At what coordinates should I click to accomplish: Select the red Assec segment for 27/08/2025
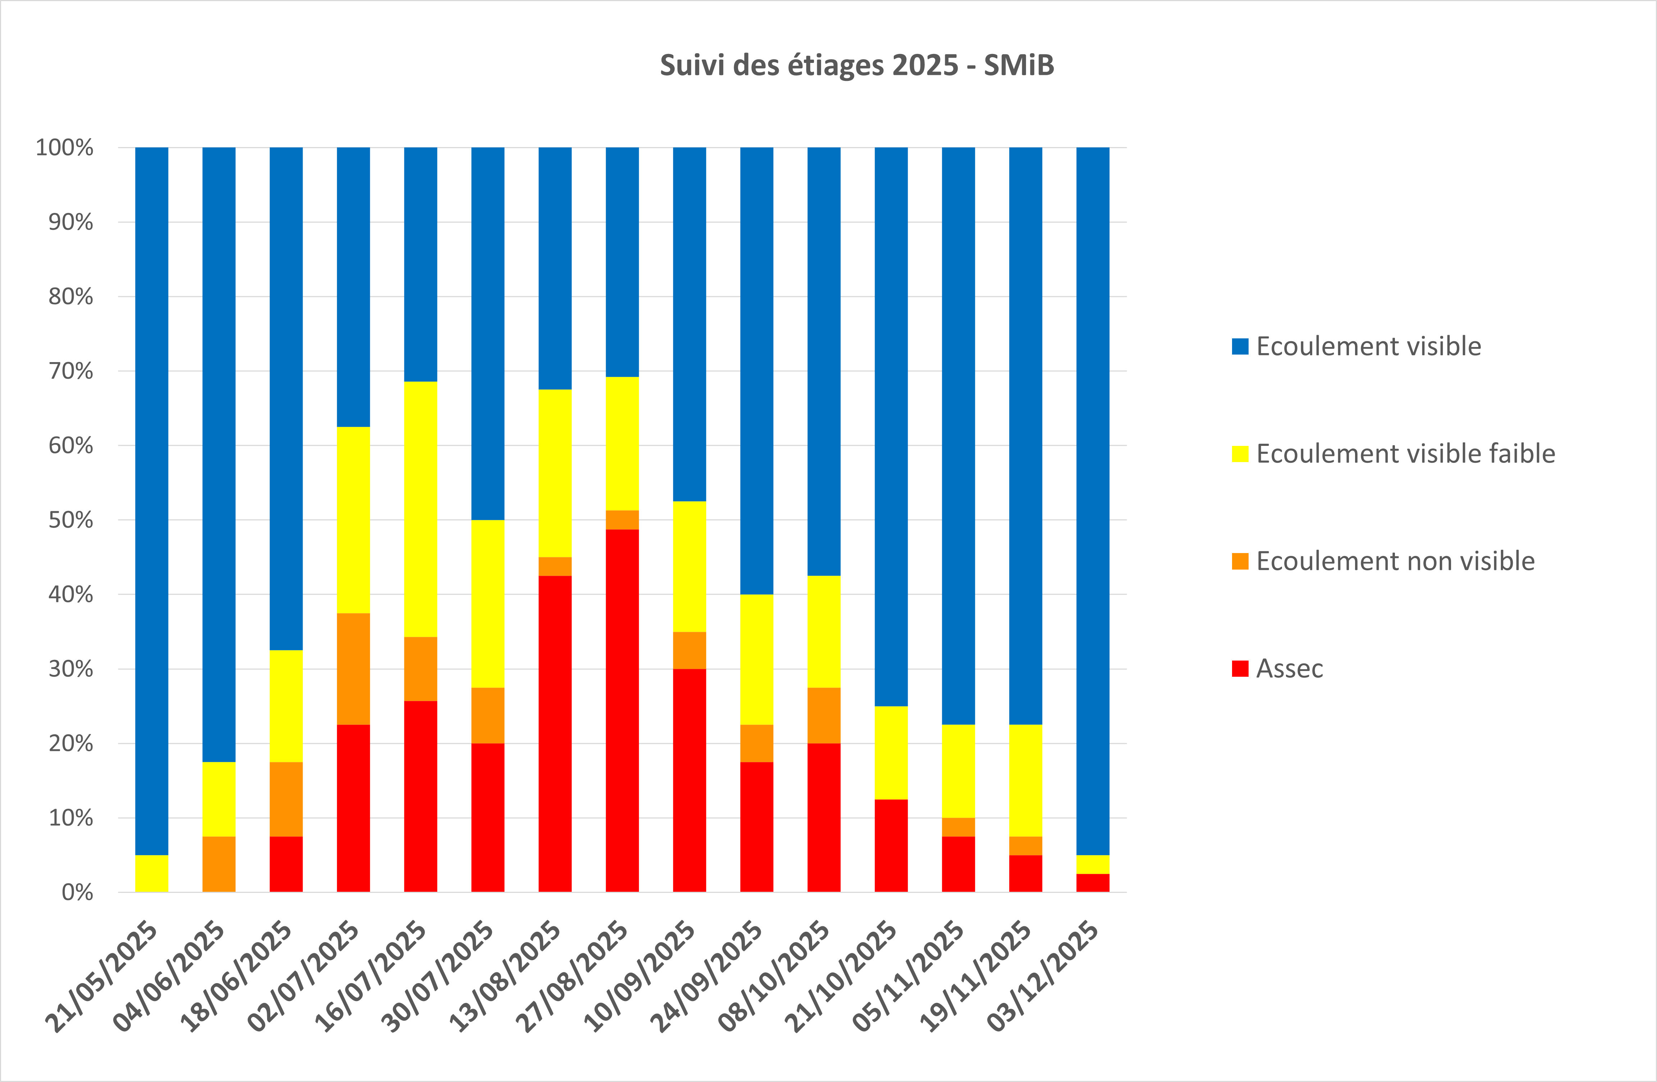pyautogui.click(x=622, y=710)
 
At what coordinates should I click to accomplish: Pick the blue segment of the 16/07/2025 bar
pyautogui.click(x=421, y=265)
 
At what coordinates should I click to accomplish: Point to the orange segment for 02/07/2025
pyautogui.click(x=353, y=668)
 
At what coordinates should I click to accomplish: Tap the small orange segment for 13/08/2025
pyautogui.click(x=555, y=566)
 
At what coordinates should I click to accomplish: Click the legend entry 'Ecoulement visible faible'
pyautogui.click(x=1405, y=454)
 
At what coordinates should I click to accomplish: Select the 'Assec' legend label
pyautogui.click(x=1289, y=668)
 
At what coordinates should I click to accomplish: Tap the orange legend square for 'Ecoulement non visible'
pyautogui.click(x=1240, y=561)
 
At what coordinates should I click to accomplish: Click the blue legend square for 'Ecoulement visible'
pyautogui.click(x=1240, y=346)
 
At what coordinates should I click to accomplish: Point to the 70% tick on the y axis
pyautogui.click(x=70, y=371)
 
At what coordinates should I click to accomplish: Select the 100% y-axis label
pyautogui.click(x=64, y=147)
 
